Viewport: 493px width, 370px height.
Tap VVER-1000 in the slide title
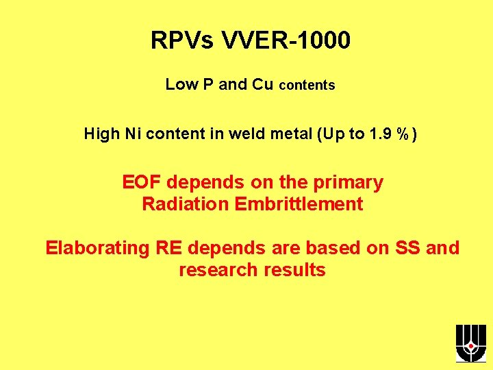(286, 41)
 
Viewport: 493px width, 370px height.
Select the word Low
(181, 84)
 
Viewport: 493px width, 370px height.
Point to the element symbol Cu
(264, 84)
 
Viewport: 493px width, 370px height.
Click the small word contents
(307, 86)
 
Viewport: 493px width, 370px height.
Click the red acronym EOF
(142, 183)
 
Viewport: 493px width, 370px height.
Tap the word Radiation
(184, 204)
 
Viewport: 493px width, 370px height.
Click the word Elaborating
(97, 248)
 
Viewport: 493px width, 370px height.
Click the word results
(294, 270)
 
